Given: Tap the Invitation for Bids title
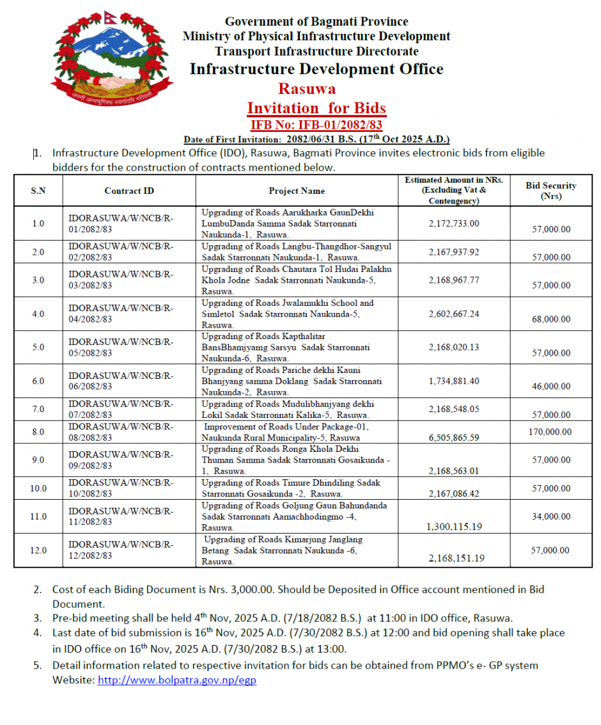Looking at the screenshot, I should (316, 108).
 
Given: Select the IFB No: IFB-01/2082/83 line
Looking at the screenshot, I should (316, 124).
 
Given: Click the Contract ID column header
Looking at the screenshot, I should (129, 191).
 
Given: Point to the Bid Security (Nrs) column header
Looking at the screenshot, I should (550, 191).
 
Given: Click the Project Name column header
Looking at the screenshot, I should (297, 191).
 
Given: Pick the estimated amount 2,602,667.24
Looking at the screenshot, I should (454, 314).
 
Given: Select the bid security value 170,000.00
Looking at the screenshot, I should (550, 432).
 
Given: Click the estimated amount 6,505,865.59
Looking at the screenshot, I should (454, 438).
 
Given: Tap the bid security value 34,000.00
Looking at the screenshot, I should (550, 516).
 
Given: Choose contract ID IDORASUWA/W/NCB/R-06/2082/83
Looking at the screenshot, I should (121, 381).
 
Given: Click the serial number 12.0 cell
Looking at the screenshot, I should (38, 550).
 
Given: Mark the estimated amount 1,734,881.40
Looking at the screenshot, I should (454, 381).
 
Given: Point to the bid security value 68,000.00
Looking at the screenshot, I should (550, 319).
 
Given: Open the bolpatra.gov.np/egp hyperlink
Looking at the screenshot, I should (176, 680).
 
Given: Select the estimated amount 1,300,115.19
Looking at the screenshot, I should (454, 527).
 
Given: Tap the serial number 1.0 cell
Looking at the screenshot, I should (38, 223).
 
